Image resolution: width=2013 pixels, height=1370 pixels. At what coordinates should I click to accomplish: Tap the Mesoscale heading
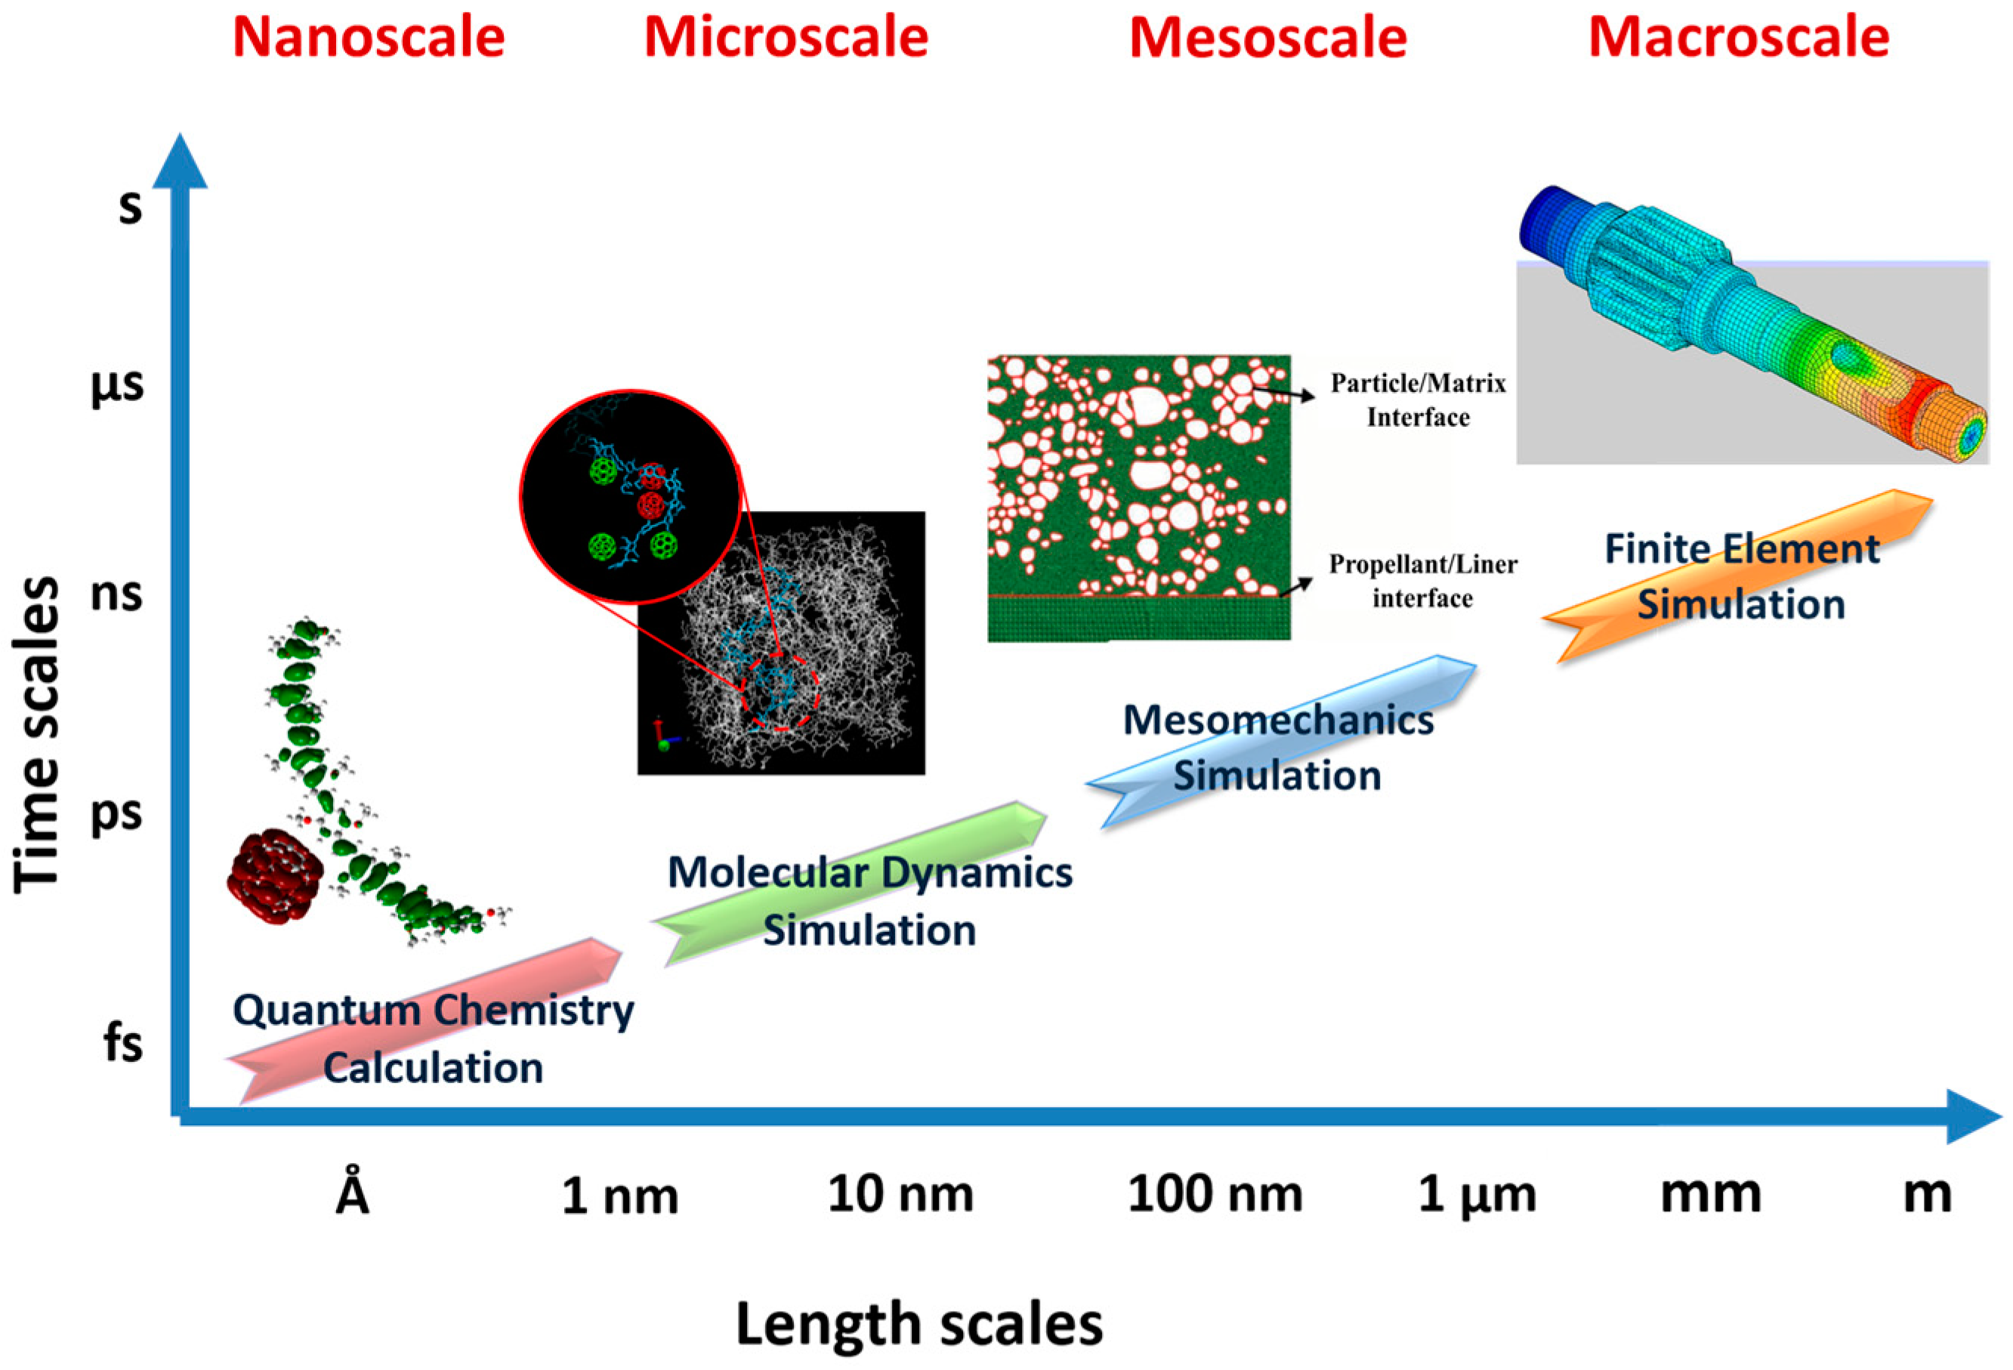1268,39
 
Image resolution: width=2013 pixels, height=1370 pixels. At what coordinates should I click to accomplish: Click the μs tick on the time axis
117,385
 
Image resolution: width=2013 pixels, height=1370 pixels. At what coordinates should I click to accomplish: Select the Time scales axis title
36,734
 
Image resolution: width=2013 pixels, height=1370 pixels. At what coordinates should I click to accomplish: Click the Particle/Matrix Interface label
1418,400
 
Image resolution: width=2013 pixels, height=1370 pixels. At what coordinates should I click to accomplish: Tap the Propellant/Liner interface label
1422,581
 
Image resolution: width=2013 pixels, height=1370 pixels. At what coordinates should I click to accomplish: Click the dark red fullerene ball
273,876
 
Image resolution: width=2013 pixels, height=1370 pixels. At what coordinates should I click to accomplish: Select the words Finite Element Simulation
1741,577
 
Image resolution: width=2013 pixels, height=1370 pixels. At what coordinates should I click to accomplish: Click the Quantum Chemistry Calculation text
433,1038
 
